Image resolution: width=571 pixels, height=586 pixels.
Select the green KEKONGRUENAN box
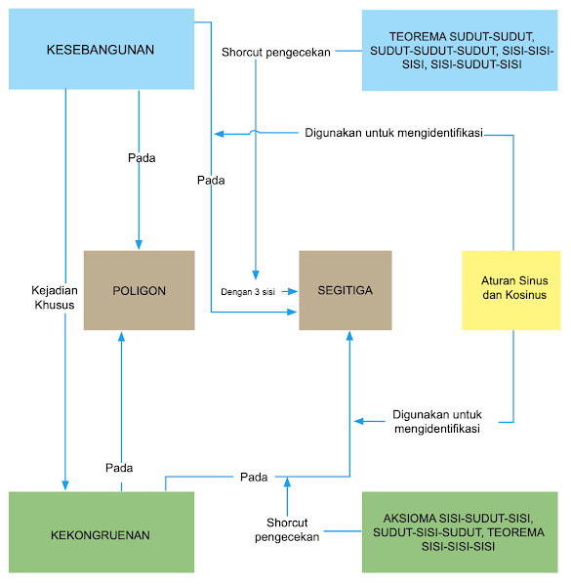tap(102, 532)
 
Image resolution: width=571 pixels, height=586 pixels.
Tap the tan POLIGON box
tap(139, 290)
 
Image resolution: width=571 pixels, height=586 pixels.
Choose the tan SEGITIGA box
tap(345, 290)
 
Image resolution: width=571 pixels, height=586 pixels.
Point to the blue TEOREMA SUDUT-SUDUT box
tap(460, 50)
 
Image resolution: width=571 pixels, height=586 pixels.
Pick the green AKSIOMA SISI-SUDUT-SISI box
tap(459, 531)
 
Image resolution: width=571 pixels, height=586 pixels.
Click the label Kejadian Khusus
tap(53, 297)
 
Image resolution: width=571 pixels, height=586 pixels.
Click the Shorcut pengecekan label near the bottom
tap(288, 528)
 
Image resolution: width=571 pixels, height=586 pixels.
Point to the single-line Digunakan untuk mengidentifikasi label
tap(393, 132)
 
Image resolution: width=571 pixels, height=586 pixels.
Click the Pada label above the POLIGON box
tap(142, 157)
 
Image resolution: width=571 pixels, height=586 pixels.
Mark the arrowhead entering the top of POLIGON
tap(139, 245)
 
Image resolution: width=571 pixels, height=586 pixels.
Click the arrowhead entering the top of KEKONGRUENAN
tap(65, 485)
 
